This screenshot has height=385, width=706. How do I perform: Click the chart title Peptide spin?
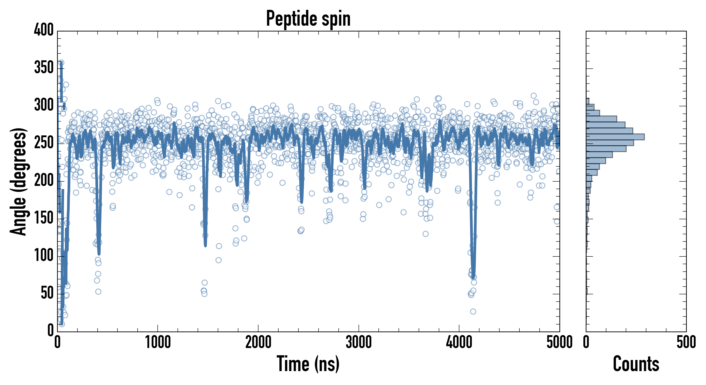(308, 19)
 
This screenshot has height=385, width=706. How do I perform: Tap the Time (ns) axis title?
(308, 364)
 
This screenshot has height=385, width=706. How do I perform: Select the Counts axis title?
(636, 364)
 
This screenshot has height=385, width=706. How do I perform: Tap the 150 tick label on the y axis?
(44, 218)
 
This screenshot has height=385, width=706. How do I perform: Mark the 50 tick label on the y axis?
(47, 293)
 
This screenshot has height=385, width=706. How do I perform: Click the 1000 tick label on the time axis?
(158, 342)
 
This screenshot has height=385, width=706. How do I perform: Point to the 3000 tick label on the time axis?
(359, 342)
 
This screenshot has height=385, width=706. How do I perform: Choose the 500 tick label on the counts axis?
(686, 342)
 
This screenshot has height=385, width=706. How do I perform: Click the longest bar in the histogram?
(615, 137)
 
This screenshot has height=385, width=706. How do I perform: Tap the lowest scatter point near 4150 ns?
(473, 311)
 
